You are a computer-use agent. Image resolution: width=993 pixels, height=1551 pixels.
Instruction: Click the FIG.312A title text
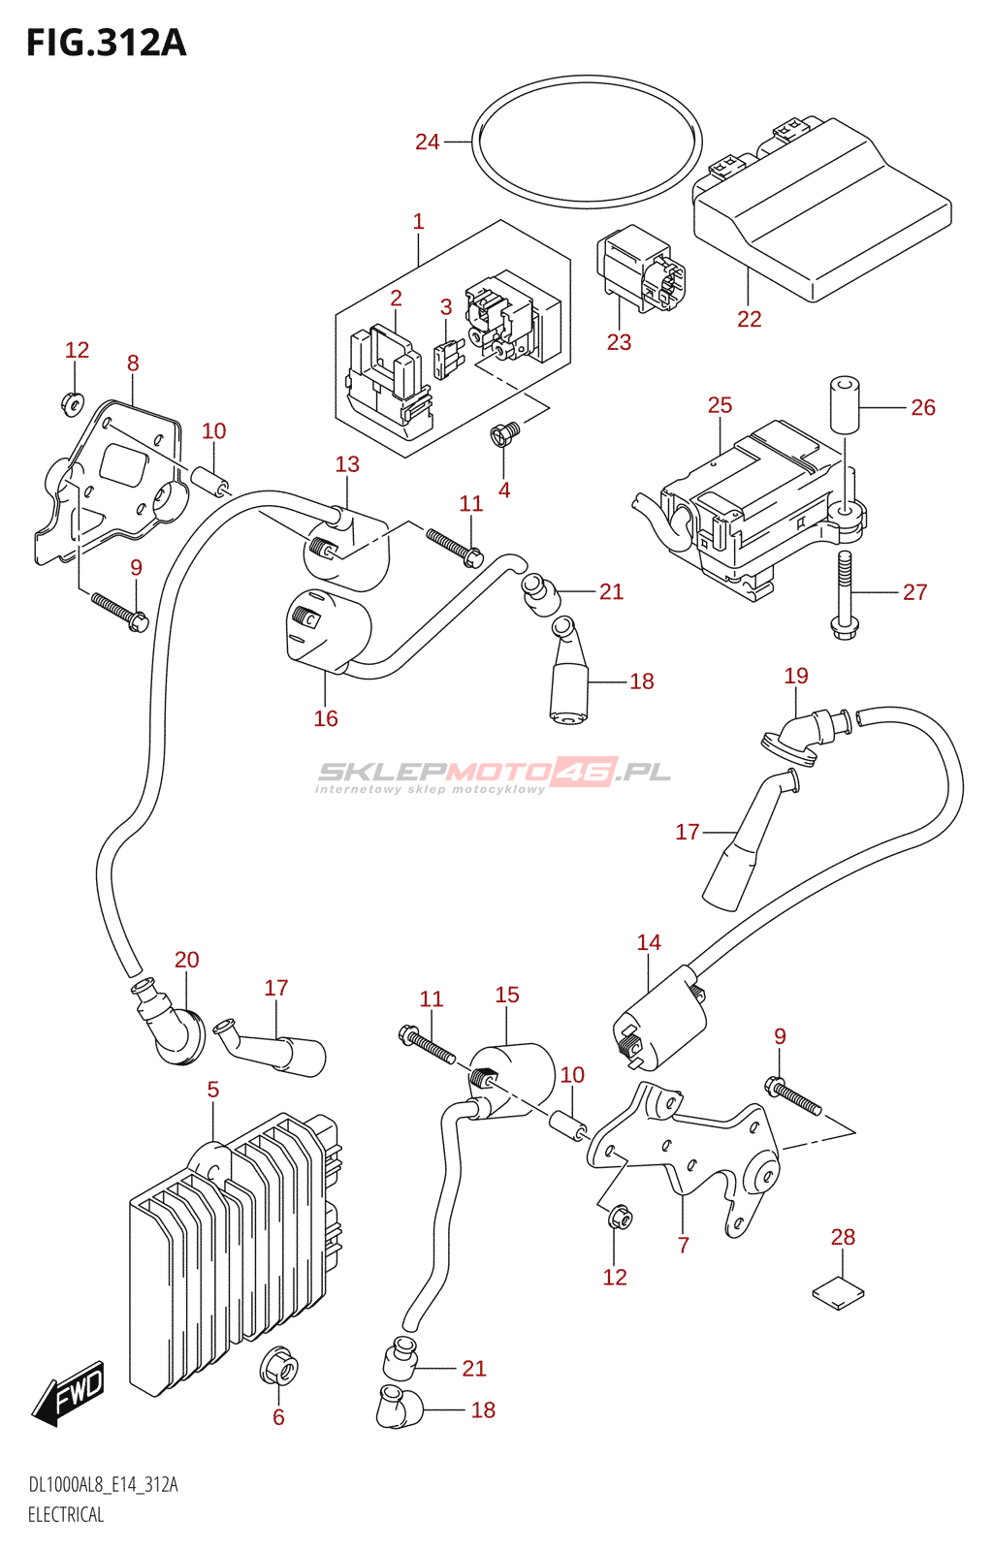click(106, 44)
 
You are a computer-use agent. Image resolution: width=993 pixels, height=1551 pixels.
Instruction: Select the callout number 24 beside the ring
click(427, 142)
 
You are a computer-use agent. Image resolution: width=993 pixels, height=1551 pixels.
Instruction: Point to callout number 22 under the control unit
click(749, 319)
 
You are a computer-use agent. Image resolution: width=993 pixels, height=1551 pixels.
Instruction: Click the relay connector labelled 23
click(640, 269)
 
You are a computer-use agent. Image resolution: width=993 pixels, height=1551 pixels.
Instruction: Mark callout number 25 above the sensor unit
click(720, 405)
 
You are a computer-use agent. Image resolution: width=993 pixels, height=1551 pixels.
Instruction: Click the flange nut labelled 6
click(278, 1367)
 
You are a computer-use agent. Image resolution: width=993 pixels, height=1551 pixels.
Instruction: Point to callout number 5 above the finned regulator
click(213, 1090)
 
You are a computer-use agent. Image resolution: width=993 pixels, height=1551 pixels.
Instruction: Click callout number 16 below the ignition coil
click(326, 718)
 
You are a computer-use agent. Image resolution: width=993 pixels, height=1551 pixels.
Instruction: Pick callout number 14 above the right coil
click(649, 942)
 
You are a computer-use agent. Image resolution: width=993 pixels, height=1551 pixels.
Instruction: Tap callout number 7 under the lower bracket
click(684, 1245)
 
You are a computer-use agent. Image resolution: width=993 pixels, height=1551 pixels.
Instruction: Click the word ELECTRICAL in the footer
click(66, 1514)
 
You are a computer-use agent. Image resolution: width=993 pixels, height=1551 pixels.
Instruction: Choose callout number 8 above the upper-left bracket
click(133, 363)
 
